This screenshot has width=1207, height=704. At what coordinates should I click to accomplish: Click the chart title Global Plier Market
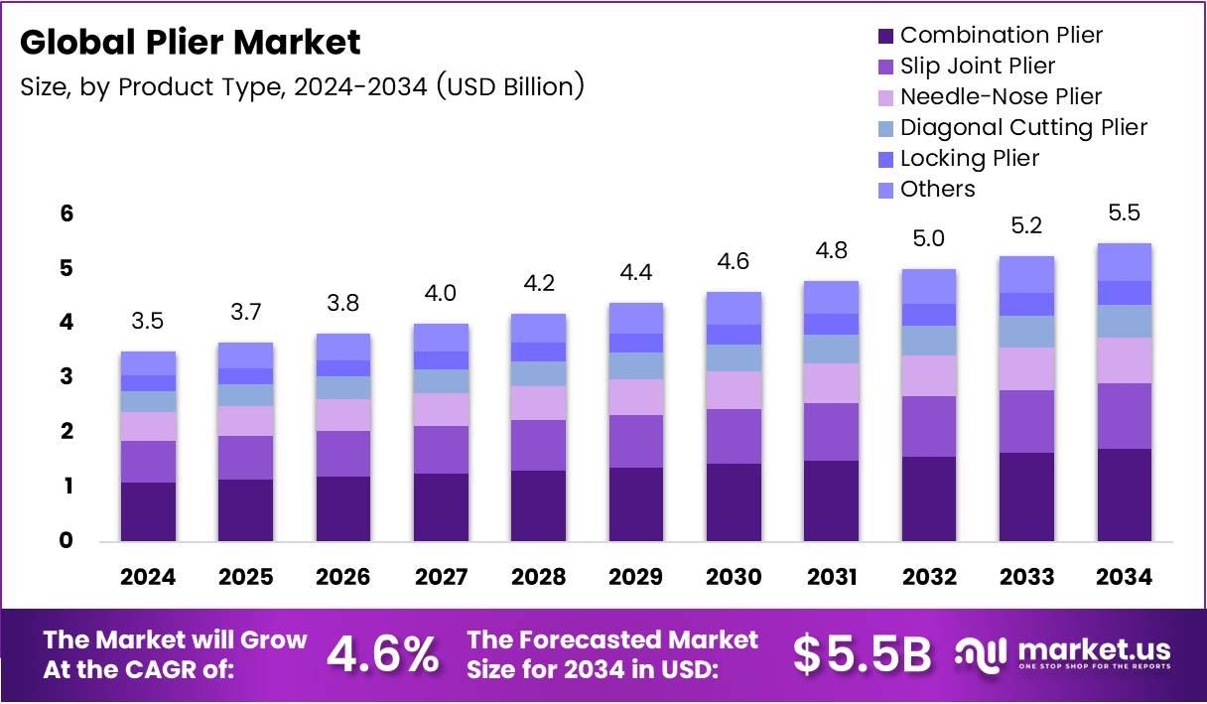pos(191,43)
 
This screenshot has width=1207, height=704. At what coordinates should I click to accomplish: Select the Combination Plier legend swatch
pos(886,36)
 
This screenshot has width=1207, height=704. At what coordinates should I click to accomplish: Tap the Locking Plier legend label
pos(969,159)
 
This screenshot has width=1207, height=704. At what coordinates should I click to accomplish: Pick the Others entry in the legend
pos(937,190)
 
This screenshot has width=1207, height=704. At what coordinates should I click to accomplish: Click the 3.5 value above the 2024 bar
pos(148,322)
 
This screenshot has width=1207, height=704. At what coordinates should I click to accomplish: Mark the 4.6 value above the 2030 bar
pos(733,262)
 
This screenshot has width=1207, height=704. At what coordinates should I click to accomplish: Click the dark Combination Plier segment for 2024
pos(148,511)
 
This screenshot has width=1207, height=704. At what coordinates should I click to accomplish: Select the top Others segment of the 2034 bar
pos(1123,262)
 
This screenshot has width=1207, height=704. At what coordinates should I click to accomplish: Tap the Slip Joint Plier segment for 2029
pos(635,441)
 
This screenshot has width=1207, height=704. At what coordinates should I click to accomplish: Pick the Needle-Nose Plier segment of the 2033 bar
pos(1025,368)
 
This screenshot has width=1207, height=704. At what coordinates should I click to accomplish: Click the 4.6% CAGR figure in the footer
pos(383,653)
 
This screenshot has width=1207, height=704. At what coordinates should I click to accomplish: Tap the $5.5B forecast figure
pos(862,653)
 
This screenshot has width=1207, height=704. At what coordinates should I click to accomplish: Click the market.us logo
pos(1062,653)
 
